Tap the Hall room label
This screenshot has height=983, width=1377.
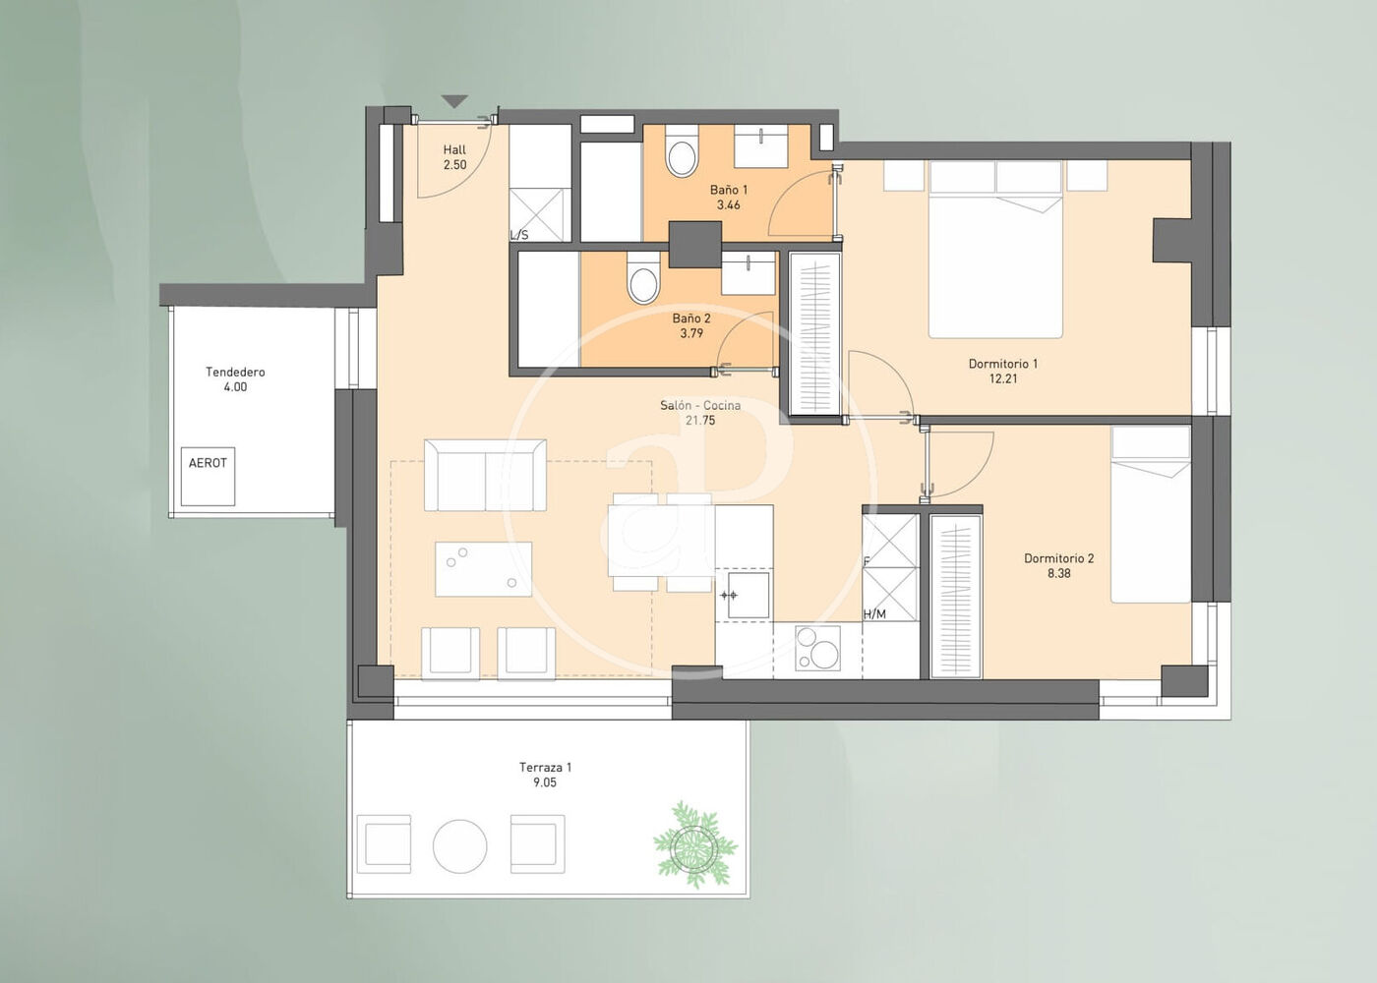point(454,149)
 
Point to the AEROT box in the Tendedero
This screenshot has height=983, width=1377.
point(208,476)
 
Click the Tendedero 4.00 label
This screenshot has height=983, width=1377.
point(235,379)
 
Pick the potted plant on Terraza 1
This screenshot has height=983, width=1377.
point(694,843)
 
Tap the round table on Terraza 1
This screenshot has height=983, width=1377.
point(460,846)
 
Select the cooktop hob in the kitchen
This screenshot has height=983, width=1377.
point(817,648)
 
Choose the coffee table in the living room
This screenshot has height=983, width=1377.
point(483,569)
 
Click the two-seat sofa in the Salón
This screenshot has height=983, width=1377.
point(485,475)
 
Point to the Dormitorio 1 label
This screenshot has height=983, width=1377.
point(1003,364)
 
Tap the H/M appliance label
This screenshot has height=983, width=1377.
point(874,613)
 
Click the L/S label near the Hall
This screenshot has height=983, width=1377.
point(519,235)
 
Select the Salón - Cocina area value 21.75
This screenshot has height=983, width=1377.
point(700,421)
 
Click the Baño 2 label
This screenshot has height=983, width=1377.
point(691,318)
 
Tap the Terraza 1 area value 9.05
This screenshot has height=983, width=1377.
point(545,782)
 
